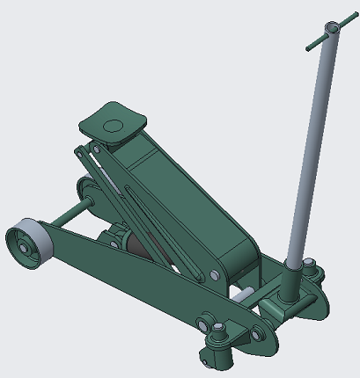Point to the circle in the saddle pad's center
coord(113,125)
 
